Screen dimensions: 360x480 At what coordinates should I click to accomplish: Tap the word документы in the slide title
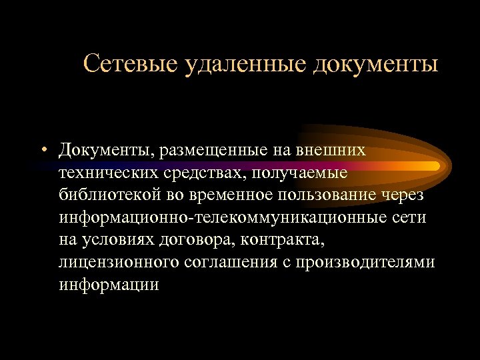coord(376,64)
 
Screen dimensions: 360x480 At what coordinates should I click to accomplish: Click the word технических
coord(105,173)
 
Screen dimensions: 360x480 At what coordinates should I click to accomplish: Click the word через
coord(411,196)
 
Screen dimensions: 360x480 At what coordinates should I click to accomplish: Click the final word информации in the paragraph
coord(109,285)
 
